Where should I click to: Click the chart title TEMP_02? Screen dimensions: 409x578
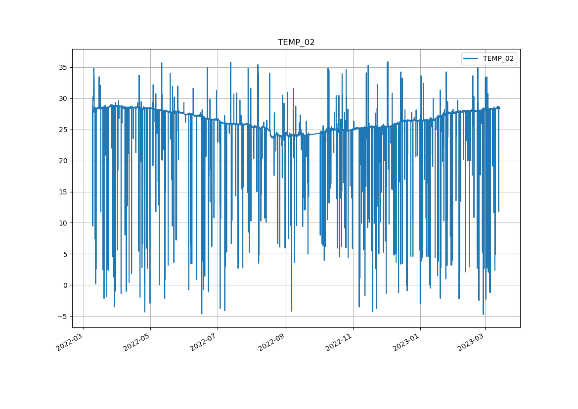296,43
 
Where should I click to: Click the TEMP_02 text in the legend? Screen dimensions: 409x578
498,58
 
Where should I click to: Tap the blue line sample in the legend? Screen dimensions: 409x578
471,58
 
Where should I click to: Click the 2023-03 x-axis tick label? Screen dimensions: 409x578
471,341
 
